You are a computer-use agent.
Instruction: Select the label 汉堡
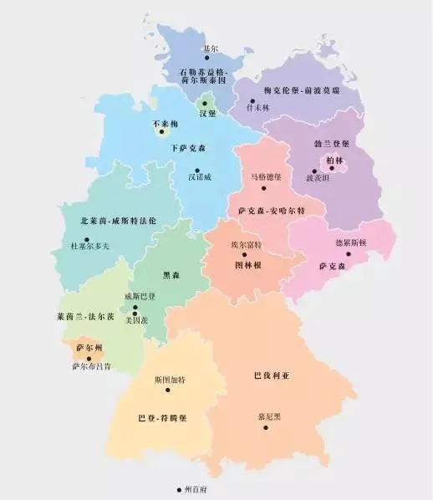coord(208,111)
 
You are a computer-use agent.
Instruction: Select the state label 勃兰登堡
coord(320,144)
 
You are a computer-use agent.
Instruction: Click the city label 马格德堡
coord(266,177)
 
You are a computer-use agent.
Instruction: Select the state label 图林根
coord(247,265)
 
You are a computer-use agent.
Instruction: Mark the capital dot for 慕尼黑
coord(266,427)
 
